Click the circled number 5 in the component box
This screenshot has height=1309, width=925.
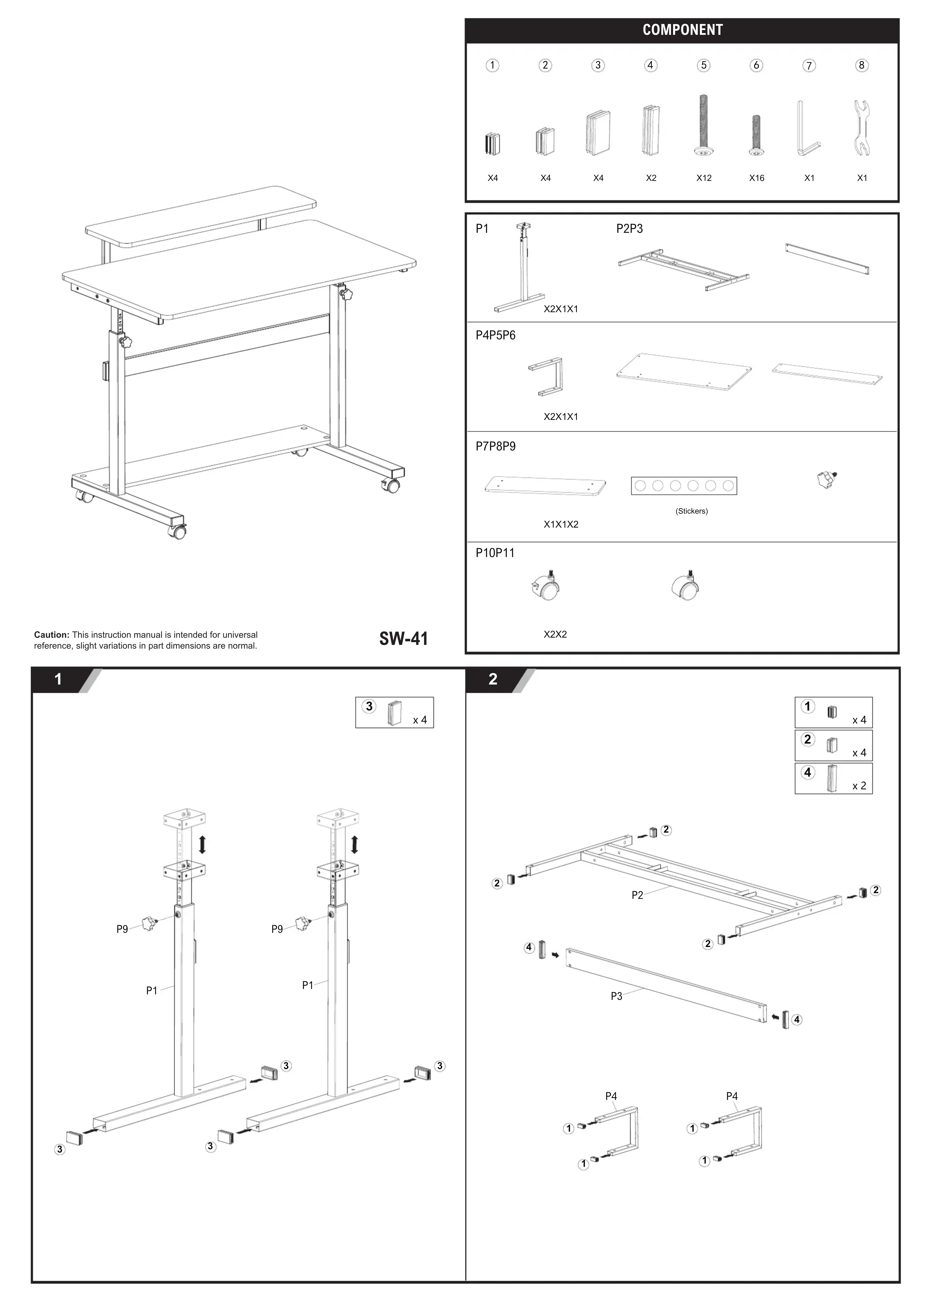point(704,66)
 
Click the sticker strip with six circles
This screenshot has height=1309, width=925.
point(684,486)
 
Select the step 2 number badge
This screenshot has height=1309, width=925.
point(493,679)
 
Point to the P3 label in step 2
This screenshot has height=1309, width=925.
point(616,996)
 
